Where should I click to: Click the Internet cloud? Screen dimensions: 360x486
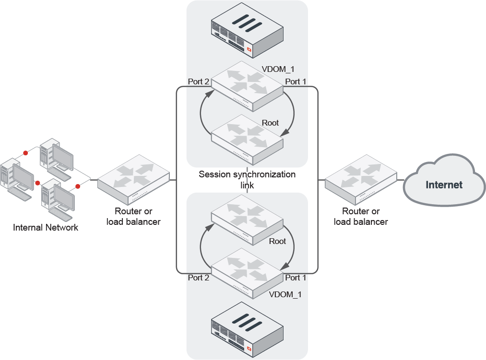point(443,185)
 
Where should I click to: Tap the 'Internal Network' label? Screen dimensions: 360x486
point(46,227)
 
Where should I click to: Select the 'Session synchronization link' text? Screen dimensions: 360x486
point(247,179)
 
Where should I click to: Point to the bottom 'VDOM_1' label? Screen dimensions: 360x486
point(285,294)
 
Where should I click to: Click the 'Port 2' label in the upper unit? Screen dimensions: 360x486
point(199,81)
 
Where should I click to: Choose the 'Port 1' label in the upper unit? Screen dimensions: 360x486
point(296,81)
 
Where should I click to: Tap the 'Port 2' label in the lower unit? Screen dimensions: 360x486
point(199,277)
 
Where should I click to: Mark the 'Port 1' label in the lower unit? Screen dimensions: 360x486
point(296,277)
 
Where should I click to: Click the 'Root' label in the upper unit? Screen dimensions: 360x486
point(270,123)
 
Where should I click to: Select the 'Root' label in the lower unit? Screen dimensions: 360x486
point(277,241)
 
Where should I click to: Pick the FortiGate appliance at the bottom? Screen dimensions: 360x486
point(247,329)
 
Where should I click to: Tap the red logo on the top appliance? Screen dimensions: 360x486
point(249,50)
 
